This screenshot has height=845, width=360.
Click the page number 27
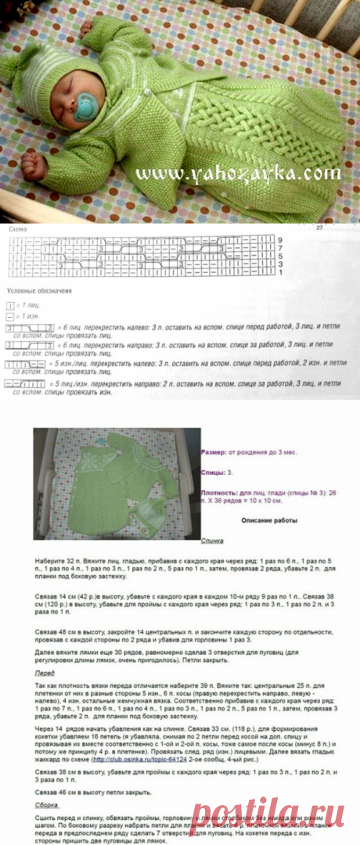pos(319,228)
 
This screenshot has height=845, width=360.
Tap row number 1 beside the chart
pos(279,272)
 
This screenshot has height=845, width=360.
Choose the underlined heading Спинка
pos(212,541)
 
